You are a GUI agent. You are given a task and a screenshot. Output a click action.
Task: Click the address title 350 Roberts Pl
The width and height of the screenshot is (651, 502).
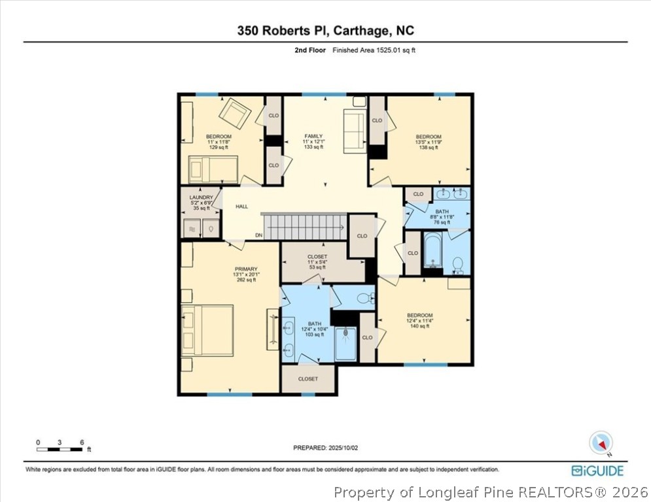325,31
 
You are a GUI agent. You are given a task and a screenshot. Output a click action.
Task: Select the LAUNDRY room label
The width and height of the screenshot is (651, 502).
201,203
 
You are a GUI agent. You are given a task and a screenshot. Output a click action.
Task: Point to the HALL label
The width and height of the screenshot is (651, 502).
242,207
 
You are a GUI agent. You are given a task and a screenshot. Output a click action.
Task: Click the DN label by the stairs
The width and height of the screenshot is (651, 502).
259,235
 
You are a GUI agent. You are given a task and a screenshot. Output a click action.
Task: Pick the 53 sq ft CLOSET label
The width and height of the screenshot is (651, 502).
317,261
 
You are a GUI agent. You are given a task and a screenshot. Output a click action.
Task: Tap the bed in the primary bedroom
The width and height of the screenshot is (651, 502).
207,330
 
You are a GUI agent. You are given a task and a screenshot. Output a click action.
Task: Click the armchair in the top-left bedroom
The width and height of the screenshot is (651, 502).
234,113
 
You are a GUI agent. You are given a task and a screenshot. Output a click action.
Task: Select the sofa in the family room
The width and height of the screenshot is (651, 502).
355,131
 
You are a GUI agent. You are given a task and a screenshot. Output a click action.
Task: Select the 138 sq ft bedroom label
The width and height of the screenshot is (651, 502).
428,142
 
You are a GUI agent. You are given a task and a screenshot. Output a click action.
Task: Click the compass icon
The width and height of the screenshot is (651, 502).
599,443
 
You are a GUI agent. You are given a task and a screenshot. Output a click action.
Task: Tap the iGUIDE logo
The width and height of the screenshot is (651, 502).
597,471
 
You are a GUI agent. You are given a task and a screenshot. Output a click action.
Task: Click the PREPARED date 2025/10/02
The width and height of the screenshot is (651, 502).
325,448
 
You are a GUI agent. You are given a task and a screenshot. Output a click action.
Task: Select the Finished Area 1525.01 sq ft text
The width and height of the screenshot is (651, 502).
374,50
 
